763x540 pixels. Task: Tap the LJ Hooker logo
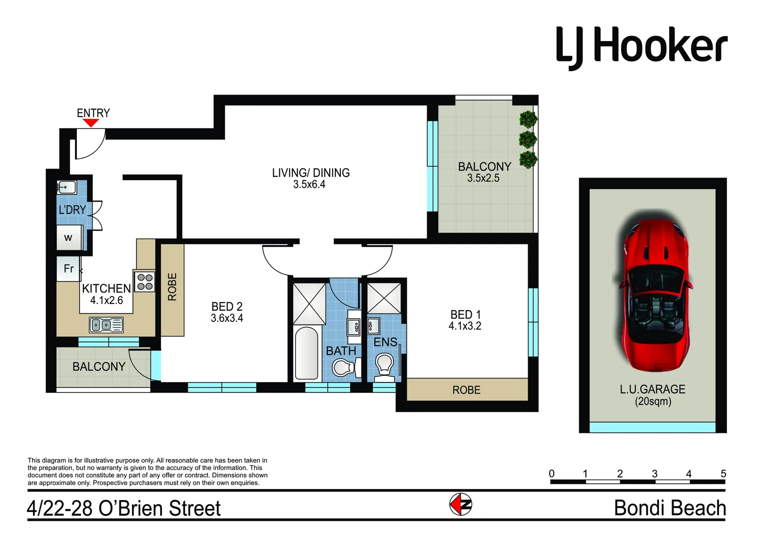click(642, 47)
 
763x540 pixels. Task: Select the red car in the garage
click(653, 294)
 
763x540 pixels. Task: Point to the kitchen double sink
click(106, 325)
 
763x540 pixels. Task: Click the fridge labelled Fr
click(68, 268)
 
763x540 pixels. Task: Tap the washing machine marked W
click(69, 237)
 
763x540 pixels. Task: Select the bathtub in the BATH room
click(307, 353)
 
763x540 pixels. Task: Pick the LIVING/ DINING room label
click(311, 173)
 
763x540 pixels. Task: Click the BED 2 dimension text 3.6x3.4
click(227, 318)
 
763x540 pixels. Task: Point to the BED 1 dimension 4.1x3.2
click(465, 326)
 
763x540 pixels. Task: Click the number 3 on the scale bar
click(655, 473)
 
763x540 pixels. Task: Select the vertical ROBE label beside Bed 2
click(172, 286)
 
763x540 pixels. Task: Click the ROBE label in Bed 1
click(466, 390)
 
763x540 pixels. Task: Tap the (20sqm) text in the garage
click(653, 401)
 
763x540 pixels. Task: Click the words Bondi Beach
click(670, 508)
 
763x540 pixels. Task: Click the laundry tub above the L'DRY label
click(66, 187)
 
